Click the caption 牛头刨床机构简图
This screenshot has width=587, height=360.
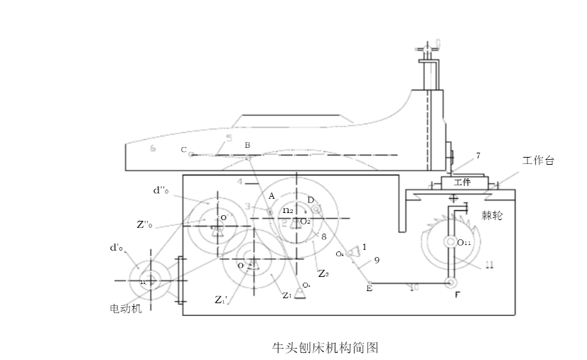point(325,348)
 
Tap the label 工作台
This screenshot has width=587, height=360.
point(538,161)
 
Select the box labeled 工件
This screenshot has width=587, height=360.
point(462,182)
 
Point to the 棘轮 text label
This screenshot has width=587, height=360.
point(492,215)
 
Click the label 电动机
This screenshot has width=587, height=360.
point(125,309)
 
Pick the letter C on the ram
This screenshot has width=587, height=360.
point(183,150)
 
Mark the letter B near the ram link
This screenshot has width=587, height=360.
point(247,145)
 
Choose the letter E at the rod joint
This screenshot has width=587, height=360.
point(369,288)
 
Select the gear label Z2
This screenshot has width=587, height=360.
point(323,273)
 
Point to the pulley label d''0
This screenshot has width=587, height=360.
point(161,190)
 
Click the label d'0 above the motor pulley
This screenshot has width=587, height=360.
point(116,248)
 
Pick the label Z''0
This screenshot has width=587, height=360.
point(144,225)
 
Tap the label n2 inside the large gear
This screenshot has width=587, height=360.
point(287,210)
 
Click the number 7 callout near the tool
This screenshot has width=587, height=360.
point(478,155)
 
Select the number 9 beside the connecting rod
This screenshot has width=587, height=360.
point(377,261)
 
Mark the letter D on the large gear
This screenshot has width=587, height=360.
point(311,200)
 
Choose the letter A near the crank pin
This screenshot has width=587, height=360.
point(271,195)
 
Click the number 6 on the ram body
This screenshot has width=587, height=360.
point(153,148)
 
